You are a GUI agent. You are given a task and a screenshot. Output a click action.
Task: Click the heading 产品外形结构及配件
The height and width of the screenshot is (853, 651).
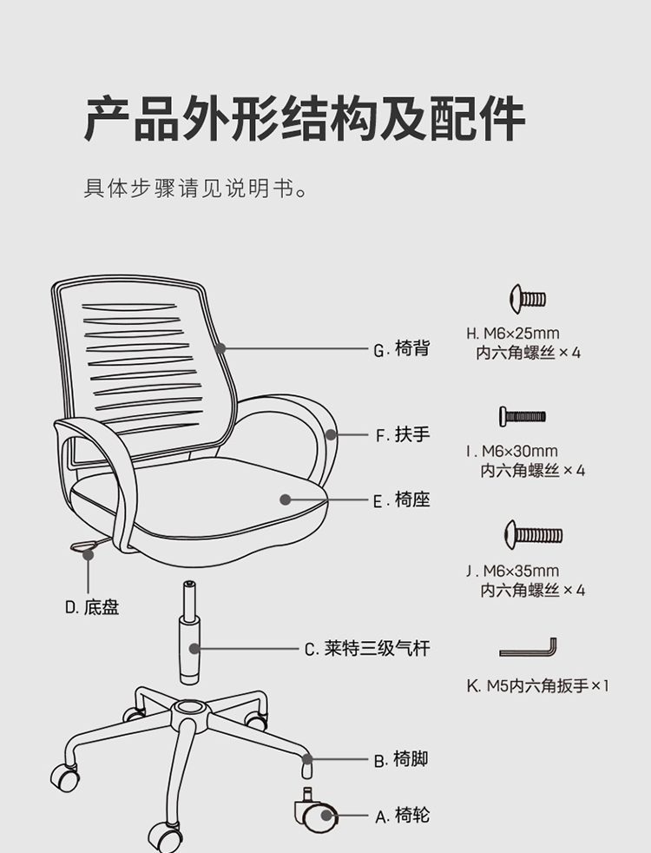[305, 119]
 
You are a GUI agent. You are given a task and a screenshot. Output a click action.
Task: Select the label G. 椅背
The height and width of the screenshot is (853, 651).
[402, 348]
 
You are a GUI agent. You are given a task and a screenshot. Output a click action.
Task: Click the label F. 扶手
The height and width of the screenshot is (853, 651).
[403, 434]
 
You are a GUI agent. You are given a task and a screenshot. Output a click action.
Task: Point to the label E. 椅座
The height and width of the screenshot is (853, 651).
[402, 500]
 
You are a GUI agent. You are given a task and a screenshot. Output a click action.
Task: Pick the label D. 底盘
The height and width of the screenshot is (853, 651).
[92, 607]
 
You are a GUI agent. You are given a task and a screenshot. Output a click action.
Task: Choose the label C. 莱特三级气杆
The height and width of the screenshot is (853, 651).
[367, 649]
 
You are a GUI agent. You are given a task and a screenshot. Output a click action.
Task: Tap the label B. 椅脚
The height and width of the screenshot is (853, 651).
[401, 759]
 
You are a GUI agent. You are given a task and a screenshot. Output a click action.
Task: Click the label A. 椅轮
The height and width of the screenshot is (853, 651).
[402, 816]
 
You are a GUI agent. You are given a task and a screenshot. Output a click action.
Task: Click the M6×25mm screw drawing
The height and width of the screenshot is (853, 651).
[528, 299]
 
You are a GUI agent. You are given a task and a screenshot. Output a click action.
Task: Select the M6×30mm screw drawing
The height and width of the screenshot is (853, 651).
[523, 417]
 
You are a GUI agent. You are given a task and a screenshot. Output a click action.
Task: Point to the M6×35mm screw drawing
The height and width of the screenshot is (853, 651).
[533, 535]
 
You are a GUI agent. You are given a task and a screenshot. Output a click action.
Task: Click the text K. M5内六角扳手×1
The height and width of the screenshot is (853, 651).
[537, 685]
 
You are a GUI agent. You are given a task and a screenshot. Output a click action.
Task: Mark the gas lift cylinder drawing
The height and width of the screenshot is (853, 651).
[189, 632]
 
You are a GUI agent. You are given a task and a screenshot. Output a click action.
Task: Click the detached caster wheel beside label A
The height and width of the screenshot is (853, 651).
[316, 810]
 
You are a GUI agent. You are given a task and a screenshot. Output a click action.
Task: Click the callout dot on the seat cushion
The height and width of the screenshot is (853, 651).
[286, 499]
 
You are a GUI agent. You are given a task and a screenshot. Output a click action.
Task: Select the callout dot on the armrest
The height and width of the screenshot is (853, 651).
[331, 434]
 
